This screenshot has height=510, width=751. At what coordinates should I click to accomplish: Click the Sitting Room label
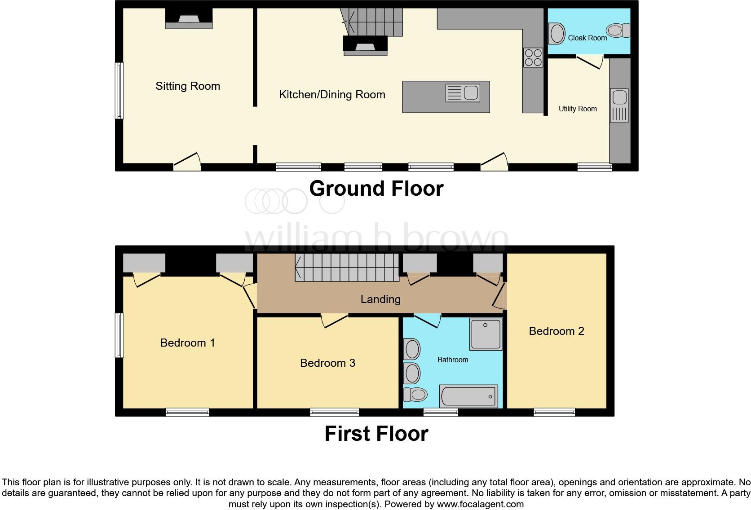click(x=188, y=86)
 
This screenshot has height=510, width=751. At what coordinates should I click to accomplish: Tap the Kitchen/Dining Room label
click(x=332, y=95)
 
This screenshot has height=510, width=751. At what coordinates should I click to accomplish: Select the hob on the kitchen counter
click(x=533, y=57)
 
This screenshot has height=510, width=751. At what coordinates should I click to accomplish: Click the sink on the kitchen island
click(x=463, y=93)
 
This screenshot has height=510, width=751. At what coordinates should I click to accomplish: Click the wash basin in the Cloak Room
click(x=557, y=34)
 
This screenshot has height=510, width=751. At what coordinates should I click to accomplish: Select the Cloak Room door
click(x=589, y=62)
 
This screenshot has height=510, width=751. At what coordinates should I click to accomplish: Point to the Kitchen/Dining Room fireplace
click(x=365, y=46)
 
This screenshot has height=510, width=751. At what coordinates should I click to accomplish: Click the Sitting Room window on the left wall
click(x=119, y=91)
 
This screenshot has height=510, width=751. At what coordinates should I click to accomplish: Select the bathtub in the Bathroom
click(x=468, y=396)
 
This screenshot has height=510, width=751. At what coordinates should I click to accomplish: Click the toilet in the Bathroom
click(x=415, y=395)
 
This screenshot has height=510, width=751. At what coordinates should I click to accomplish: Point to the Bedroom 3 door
click(x=335, y=321)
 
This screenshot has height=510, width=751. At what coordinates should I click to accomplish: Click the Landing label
click(x=380, y=299)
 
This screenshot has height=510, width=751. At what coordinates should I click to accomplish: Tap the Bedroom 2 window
click(x=554, y=412)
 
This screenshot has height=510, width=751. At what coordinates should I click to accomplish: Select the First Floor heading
click(x=376, y=434)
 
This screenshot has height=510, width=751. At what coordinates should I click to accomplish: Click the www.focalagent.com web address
click(x=480, y=504)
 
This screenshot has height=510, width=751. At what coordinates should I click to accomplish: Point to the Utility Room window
click(x=594, y=167)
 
